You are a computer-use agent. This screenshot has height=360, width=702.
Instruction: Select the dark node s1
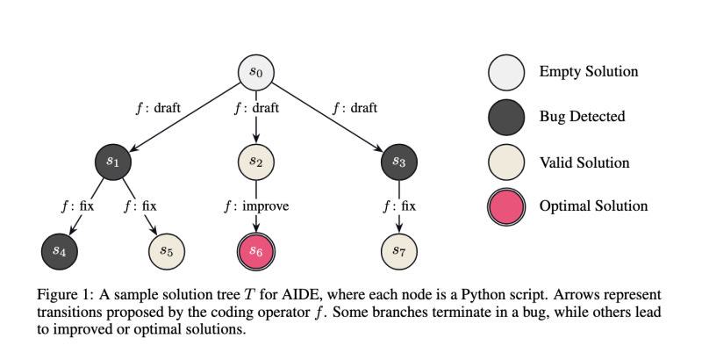pos(115,162)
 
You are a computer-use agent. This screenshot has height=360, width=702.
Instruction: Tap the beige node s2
pos(255,162)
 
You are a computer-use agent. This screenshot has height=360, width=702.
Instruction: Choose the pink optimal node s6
pos(255,250)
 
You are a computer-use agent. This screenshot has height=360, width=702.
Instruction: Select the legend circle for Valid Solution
pos(507,162)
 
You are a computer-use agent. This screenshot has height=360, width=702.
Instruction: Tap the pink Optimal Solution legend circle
pos(507,206)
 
